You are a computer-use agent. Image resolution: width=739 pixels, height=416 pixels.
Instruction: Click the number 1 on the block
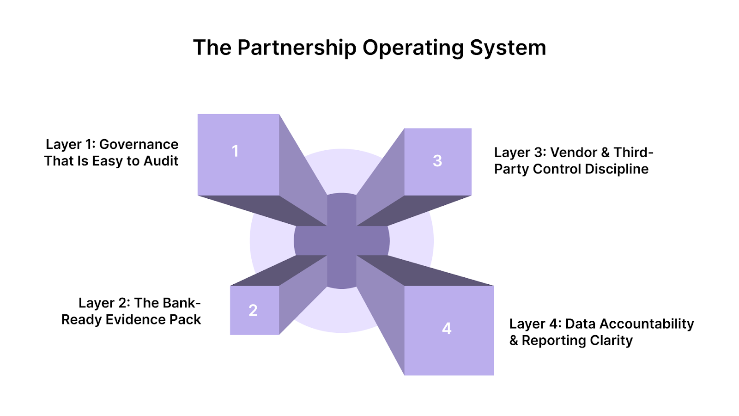pos(235,151)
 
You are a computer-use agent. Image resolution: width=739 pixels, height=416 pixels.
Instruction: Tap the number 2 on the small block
pos(253,310)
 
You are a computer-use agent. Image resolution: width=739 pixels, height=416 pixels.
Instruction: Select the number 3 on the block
pos(437,161)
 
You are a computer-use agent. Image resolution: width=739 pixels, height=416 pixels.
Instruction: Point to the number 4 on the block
pos(447,328)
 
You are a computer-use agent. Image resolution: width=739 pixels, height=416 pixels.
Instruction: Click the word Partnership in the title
pos(297,48)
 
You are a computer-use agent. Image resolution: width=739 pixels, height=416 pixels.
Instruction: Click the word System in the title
pos(508,48)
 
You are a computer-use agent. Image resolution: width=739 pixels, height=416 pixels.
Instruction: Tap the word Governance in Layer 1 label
pos(139,144)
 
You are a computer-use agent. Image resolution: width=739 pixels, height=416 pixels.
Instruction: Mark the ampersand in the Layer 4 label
pos(514,341)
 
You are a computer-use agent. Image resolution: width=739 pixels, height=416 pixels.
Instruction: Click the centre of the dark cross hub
pos(342,241)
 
